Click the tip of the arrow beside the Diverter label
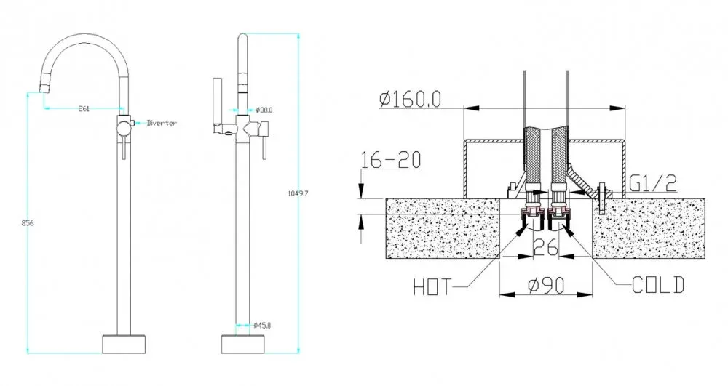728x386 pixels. (x=135, y=123)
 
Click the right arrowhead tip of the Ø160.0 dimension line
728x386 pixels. (x=625, y=108)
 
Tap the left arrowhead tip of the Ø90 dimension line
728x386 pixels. (x=499, y=294)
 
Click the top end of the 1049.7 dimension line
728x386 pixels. (x=298, y=33)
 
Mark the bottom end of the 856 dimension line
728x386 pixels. (x=28, y=353)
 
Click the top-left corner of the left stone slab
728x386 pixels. (x=387, y=198)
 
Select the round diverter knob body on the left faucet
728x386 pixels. (x=123, y=128)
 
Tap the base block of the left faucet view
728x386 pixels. (x=124, y=343)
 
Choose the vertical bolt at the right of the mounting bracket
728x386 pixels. (x=602, y=198)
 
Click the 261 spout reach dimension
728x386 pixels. (x=84, y=109)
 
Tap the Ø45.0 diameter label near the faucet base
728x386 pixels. (x=262, y=325)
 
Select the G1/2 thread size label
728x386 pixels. (x=653, y=183)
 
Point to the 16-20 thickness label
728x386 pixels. (x=391, y=160)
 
